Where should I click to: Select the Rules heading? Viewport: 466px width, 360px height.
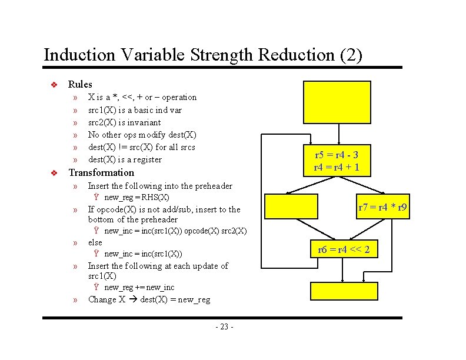[x=80, y=84]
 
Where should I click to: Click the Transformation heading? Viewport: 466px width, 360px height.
[x=101, y=172]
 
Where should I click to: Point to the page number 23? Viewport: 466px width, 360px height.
[x=224, y=326]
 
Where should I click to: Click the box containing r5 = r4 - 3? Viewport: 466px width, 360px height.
[x=337, y=161]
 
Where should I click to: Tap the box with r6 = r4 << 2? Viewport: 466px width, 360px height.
[x=344, y=249]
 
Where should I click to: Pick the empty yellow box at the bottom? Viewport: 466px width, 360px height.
[x=344, y=291]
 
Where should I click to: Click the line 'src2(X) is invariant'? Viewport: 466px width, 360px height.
[x=124, y=122]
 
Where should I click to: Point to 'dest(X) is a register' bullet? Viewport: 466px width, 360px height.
[x=125, y=159]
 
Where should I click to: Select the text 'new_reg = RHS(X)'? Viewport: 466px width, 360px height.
[x=137, y=197]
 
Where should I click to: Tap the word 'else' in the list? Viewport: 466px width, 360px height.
[x=95, y=242]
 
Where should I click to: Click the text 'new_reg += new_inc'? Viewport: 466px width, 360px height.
[x=139, y=287]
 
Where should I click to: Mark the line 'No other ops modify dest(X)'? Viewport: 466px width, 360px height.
[x=142, y=135]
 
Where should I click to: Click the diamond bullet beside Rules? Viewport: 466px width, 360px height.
[x=53, y=85]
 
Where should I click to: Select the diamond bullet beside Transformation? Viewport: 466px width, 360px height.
[x=53, y=173]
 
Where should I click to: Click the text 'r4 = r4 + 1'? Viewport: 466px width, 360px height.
[x=337, y=167]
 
